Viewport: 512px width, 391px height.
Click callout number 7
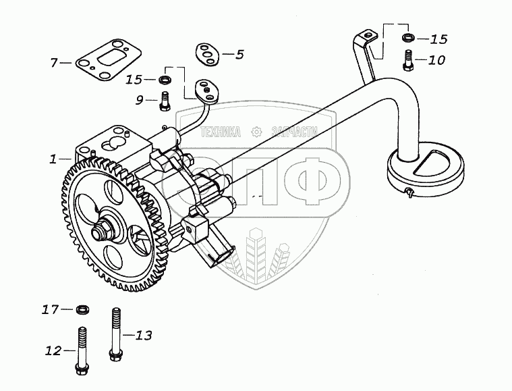coord(54,63)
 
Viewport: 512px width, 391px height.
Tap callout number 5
coord(239,55)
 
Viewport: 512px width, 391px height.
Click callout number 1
coord(53,159)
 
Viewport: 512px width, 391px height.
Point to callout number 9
coord(140,100)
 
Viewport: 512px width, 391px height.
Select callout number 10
coord(436,59)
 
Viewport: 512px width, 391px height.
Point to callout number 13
coord(144,334)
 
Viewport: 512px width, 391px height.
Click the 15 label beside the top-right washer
coord(438,39)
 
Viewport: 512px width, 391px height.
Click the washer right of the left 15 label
coord(164,81)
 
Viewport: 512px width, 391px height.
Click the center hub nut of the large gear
coord(106,232)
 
